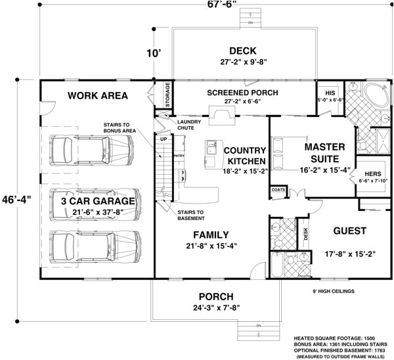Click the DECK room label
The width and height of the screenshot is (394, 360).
[x=242, y=51]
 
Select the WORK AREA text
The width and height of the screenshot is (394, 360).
[x=98, y=96]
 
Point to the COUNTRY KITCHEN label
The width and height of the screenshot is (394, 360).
[x=244, y=156]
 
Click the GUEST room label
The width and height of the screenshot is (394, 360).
[x=349, y=231]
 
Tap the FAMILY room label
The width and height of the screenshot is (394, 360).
[x=210, y=235]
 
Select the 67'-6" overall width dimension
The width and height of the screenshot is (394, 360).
[x=204, y=4]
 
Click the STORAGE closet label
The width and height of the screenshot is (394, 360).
[x=167, y=95]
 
